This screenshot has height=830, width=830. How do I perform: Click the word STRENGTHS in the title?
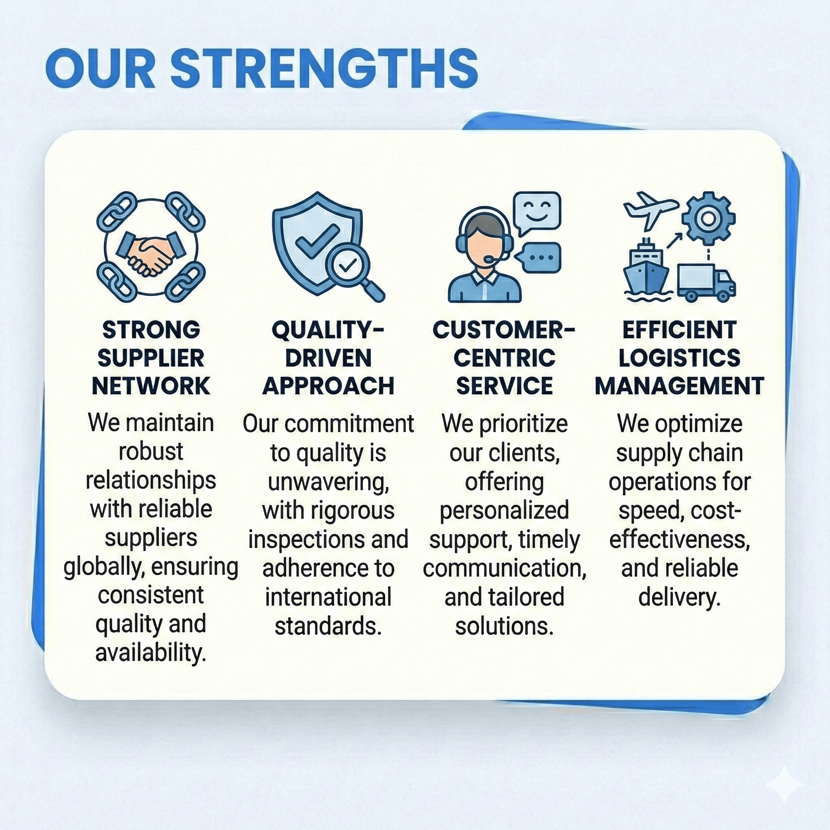(x=324, y=69)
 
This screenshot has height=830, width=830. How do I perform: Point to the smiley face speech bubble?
(x=537, y=213)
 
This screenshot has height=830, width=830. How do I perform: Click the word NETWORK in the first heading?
(x=151, y=386)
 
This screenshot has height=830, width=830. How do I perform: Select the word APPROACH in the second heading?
(x=328, y=386)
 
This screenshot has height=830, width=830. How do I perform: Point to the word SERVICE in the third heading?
(x=504, y=386)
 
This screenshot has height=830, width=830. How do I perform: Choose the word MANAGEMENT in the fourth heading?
(x=680, y=386)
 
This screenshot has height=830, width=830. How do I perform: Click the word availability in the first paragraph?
(x=151, y=653)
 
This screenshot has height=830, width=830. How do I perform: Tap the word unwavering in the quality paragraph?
(x=328, y=482)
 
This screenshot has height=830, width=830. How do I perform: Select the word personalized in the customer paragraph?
(x=504, y=511)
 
